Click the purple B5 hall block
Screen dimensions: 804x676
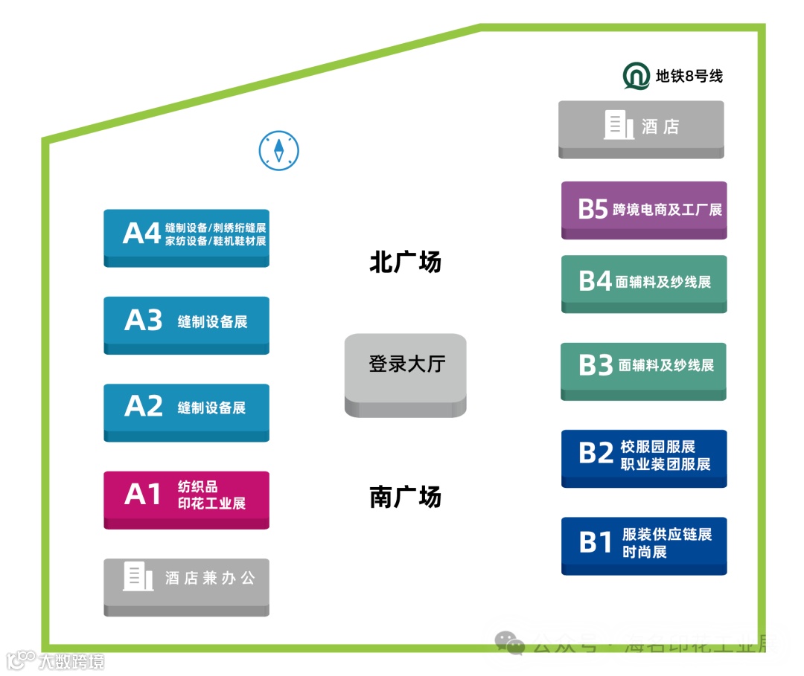coord(644,208)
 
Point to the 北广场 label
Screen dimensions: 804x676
coord(406,262)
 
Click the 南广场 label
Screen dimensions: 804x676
coord(406,496)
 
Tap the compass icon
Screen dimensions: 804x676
coord(278,150)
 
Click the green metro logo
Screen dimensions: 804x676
coord(636,77)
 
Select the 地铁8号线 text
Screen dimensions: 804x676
coord(689,76)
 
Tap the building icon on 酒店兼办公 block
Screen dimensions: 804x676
coord(138,576)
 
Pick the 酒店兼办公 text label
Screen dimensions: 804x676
coord(210,578)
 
